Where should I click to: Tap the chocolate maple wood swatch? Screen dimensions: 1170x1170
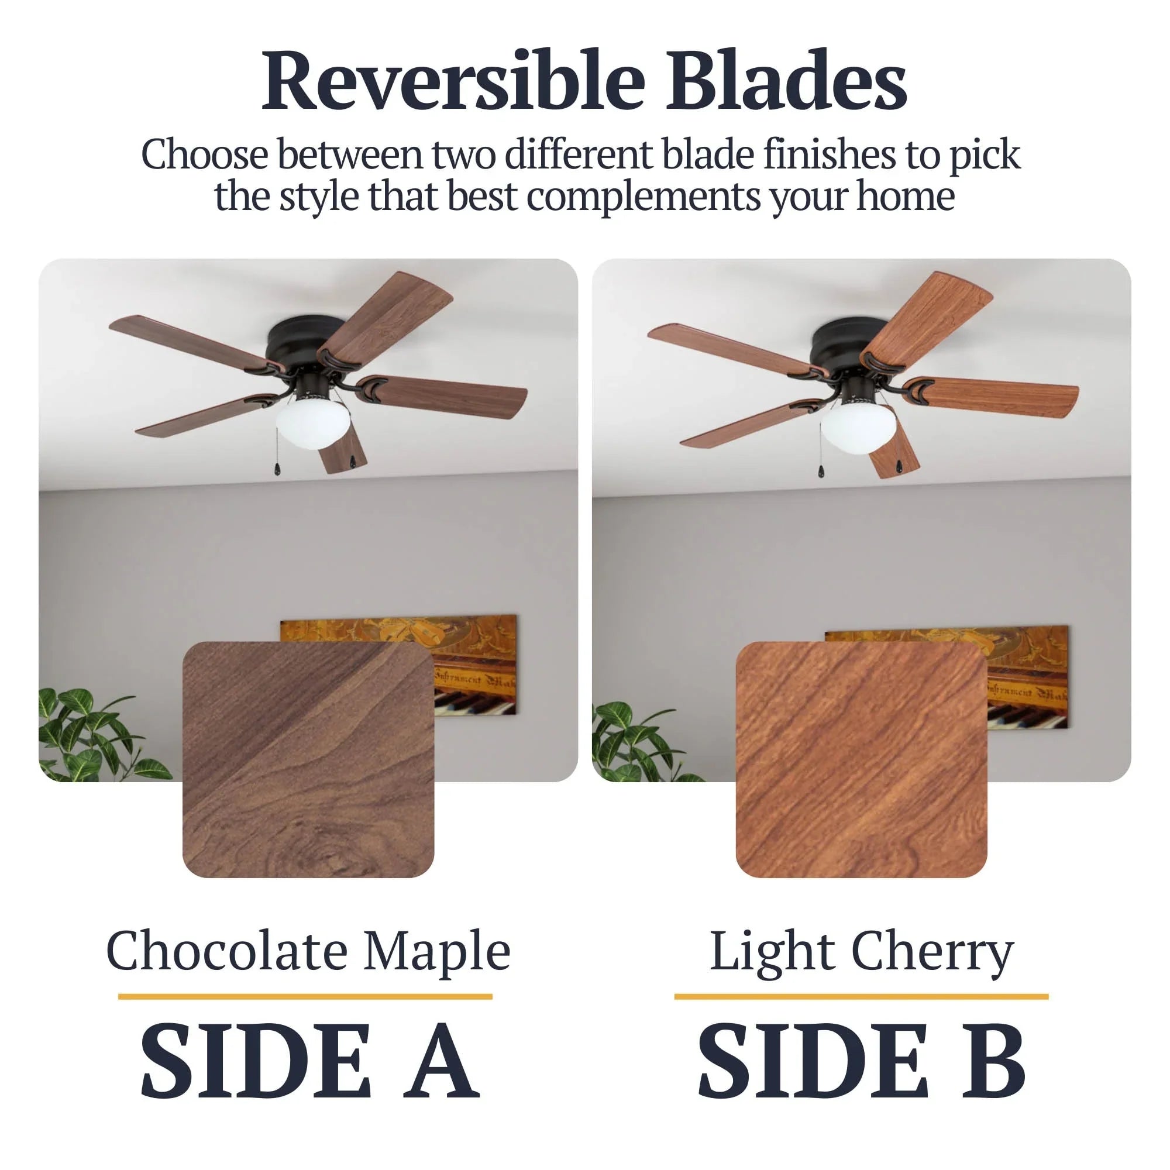pos(308,759)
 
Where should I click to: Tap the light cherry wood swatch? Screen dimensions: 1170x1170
pos(861,759)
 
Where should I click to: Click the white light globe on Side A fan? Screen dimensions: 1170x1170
pos(309,424)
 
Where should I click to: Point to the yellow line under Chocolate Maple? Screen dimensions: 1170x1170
pos(305,996)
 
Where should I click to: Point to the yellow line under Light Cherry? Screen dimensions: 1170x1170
pos(861,996)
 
